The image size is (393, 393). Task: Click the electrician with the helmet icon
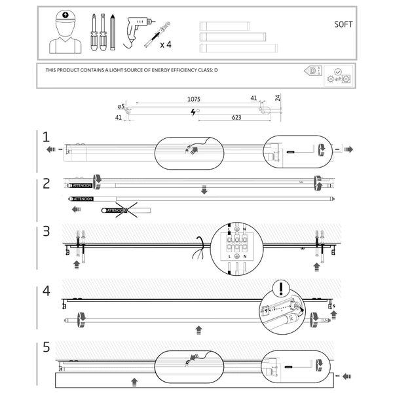coord(65,33)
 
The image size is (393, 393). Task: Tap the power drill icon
coord(136,30)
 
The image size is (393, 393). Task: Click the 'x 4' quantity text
coord(165,45)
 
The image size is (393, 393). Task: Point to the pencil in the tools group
coord(113,32)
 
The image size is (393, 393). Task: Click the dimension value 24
coord(278,98)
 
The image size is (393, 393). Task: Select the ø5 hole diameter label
coord(121,106)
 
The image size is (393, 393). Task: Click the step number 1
coord(46,137)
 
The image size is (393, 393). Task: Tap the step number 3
coord(46,231)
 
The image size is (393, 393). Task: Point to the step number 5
coord(46,347)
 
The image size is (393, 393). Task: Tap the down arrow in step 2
coord(204,189)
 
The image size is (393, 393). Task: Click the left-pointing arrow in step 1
coord(51,150)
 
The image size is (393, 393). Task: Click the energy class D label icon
coord(313,70)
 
